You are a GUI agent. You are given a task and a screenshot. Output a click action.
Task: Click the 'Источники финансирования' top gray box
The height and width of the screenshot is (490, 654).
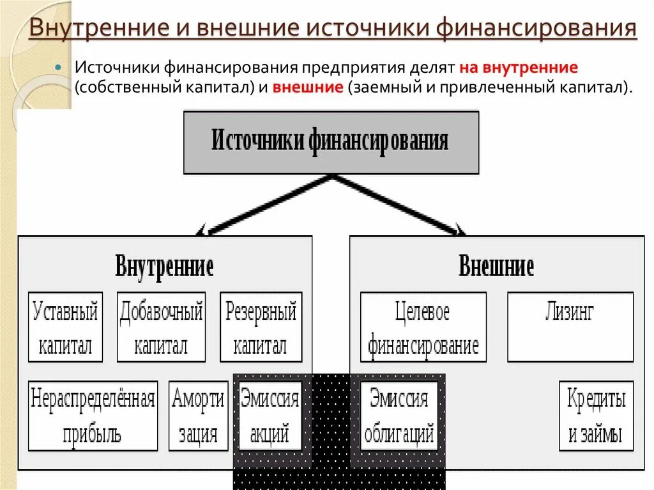pos(331,142)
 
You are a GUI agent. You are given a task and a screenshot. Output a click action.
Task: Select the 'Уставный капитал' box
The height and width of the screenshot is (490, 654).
pos(65,327)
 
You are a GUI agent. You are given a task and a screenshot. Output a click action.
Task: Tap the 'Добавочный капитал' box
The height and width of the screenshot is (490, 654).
pos(161,327)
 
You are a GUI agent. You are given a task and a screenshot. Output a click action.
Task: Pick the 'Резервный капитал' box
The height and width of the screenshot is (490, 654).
pos(261,327)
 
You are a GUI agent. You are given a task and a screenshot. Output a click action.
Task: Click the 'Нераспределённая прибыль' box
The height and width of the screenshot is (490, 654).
pos(93,415)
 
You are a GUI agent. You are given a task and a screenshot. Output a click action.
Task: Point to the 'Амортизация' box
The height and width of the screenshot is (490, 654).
pos(198,415)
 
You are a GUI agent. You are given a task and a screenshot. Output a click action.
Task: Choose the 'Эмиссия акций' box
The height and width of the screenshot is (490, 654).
pos(270,415)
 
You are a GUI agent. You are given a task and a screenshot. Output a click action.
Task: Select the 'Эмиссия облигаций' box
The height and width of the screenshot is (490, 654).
pos(399,415)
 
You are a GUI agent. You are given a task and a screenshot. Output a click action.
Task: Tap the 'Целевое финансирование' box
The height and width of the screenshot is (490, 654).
pos(423,327)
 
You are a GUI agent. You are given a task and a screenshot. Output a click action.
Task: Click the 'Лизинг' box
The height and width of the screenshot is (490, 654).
pos(570,327)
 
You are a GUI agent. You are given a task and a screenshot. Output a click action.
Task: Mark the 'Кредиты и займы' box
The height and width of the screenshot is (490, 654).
pos(596,415)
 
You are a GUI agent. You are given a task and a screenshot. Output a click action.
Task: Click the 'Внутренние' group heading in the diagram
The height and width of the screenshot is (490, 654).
pos(164,266)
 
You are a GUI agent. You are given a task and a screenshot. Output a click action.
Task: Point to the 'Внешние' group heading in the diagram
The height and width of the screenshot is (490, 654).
pos(496,266)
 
